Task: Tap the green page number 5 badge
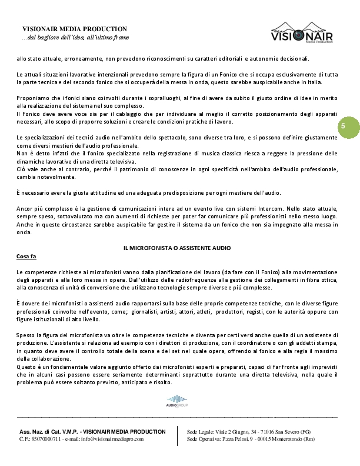tap(343, 127)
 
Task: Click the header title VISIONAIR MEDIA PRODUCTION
tap(75, 29)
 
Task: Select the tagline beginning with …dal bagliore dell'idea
tap(75, 37)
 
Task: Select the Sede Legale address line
tap(249, 431)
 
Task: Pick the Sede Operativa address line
tap(251, 439)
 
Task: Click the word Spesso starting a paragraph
tap(26, 334)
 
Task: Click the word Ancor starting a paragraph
tap(25, 208)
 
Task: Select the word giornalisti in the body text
tap(148, 312)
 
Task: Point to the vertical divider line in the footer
tap(178, 435)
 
